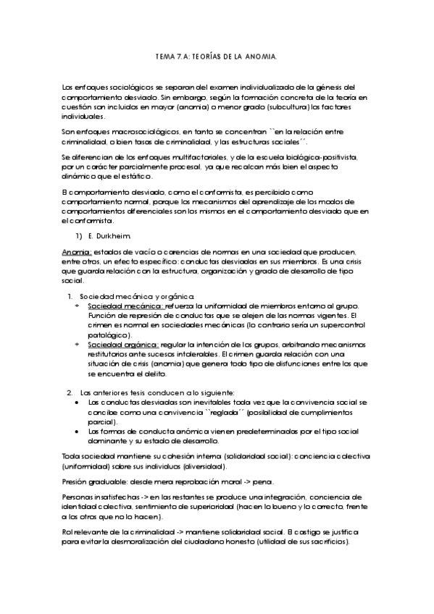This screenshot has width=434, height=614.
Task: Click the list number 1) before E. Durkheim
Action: tap(80, 235)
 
